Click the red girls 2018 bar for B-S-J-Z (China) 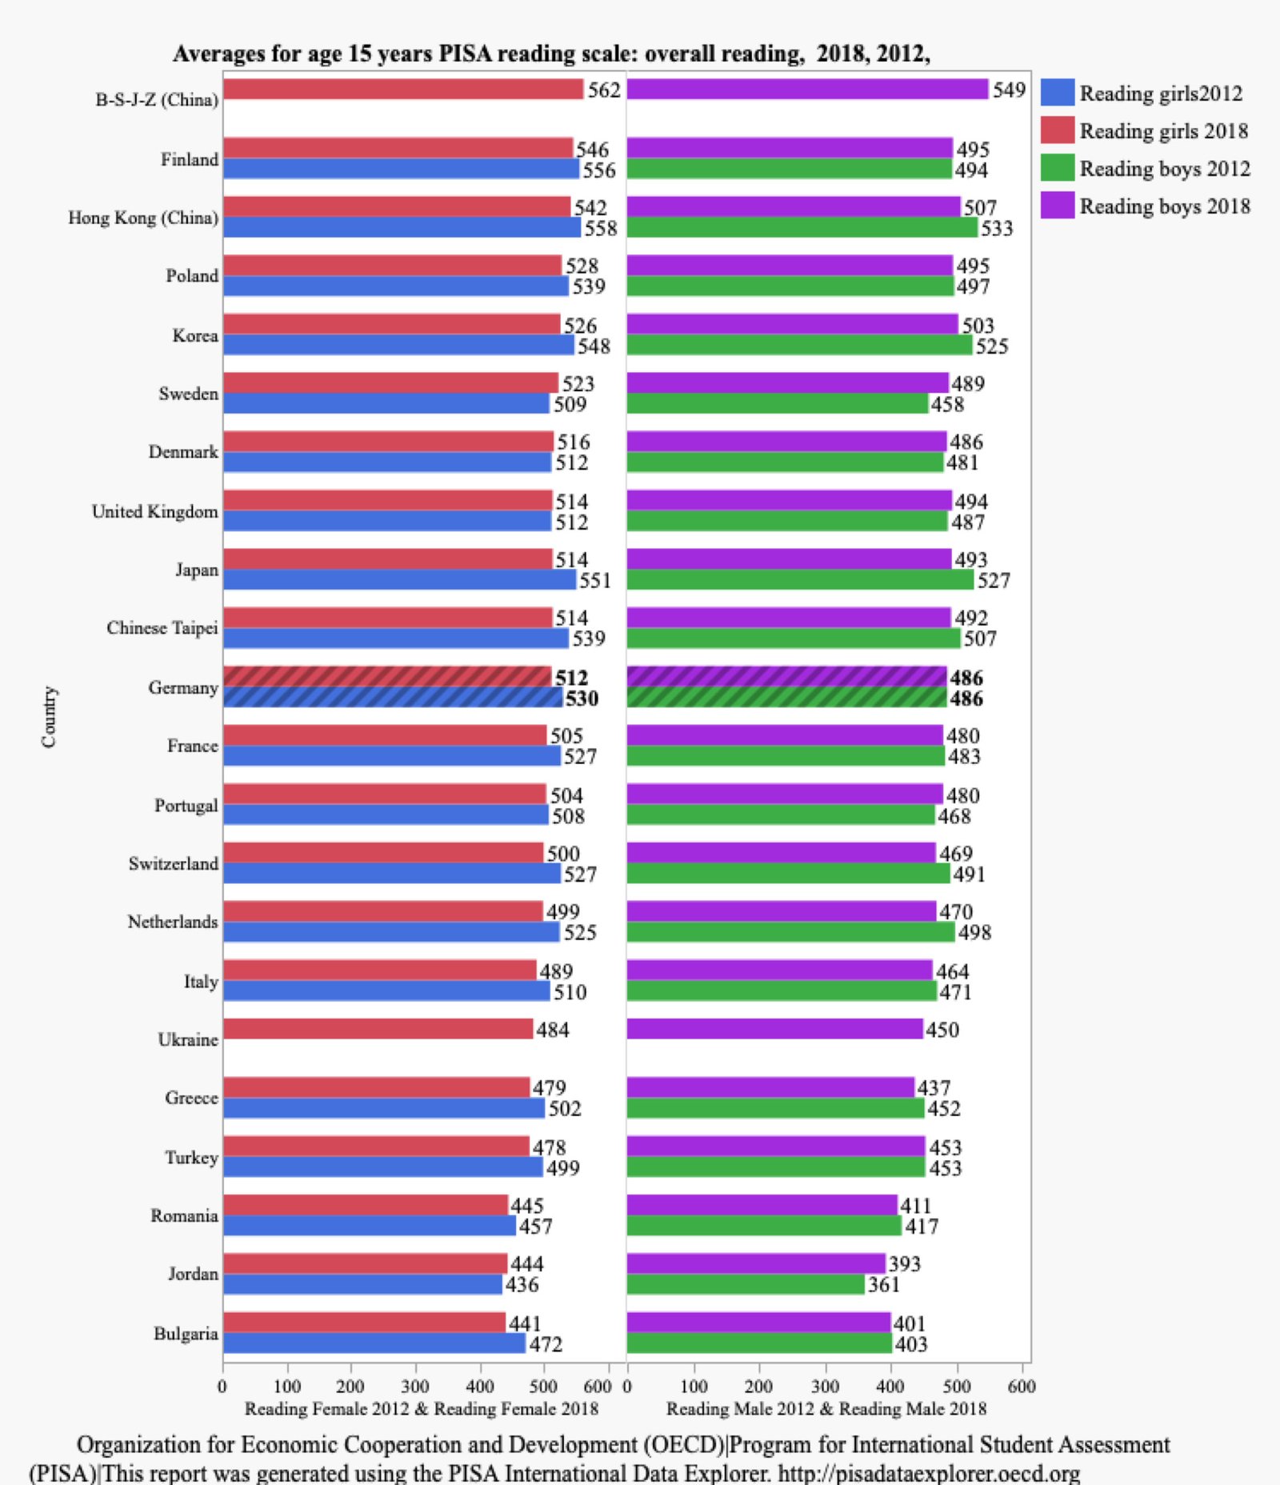(x=403, y=90)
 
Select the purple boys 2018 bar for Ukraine (x=774, y=1029)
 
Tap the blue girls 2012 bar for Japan (x=399, y=579)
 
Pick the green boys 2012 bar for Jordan (x=746, y=1284)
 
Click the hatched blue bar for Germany (x=393, y=698)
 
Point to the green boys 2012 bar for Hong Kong (x=802, y=228)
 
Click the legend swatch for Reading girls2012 (x=1057, y=93)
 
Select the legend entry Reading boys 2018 (x=1164, y=206)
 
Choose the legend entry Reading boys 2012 (x=1164, y=169)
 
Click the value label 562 (x=604, y=90)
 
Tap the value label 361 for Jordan (x=884, y=1285)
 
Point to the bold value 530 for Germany (x=582, y=698)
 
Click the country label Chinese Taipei (x=162, y=628)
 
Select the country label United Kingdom (x=155, y=511)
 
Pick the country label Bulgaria (x=186, y=1334)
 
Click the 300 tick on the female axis (x=414, y=1387)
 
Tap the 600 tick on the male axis (x=1022, y=1387)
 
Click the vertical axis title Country (x=50, y=716)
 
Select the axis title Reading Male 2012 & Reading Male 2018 (x=826, y=1409)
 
